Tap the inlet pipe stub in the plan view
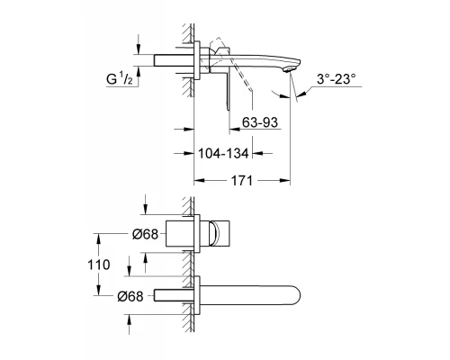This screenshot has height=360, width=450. coord(171,295)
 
